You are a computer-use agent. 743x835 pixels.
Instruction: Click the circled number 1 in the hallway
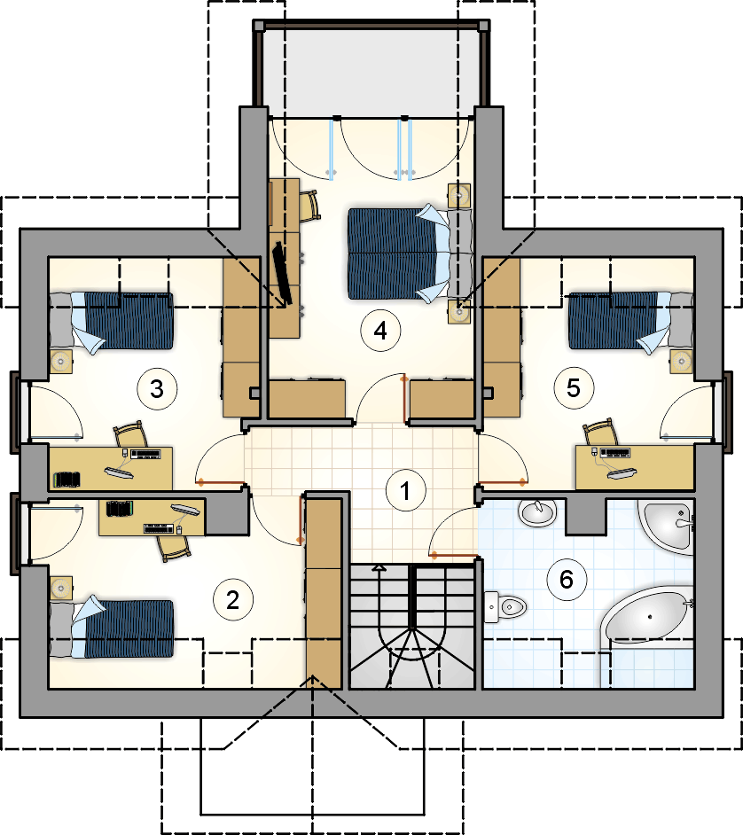click(405, 490)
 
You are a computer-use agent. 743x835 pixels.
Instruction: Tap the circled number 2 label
click(233, 600)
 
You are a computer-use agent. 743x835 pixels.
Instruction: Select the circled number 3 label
click(157, 389)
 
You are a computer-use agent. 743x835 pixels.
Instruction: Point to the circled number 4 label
click(380, 331)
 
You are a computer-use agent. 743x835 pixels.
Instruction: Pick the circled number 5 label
click(574, 387)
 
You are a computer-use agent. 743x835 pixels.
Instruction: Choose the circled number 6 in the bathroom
click(567, 579)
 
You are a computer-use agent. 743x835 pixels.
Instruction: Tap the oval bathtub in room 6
click(647, 618)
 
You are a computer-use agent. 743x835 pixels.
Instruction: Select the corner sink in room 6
click(668, 525)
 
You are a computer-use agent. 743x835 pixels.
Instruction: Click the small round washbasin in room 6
click(537, 511)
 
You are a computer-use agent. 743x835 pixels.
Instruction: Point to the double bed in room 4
click(410, 254)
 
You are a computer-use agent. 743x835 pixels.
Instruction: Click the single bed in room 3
click(112, 321)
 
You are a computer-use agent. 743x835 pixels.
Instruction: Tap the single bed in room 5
click(631, 321)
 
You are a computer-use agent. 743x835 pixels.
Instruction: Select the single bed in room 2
click(112, 629)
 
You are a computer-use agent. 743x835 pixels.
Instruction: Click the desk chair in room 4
click(309, 206)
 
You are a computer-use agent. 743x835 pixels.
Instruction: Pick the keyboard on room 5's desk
click(615, 453)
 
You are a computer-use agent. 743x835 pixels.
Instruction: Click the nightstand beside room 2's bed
click(61, 588)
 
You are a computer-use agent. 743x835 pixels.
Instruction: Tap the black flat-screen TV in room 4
click(283, 273)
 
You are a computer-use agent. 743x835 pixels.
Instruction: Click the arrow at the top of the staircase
click(379, 569)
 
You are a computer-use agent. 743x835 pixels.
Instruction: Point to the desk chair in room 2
click(175, 547)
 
